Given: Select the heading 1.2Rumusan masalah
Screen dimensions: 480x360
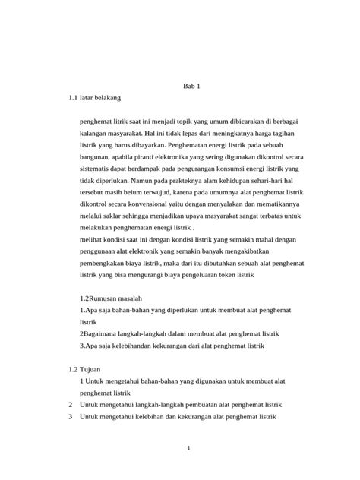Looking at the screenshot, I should [x=111, y=299].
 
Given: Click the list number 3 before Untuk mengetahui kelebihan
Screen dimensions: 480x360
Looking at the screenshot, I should [x=70, y=416].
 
